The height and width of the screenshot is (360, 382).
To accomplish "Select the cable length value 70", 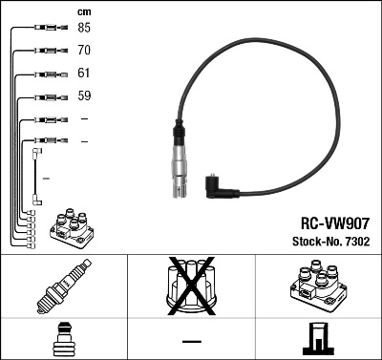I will [x=84, y=50].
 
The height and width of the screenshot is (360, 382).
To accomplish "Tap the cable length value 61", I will [x=84, y=73].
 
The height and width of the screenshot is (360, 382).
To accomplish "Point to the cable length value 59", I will [x=84, y=95].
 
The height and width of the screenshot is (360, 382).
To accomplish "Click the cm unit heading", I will [x=83, y=11].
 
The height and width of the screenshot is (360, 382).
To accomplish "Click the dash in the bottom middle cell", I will [x=191, y=340].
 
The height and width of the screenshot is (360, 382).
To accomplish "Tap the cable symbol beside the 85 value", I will [x=46, y=28].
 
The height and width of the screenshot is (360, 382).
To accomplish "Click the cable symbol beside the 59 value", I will [x=46, y=96].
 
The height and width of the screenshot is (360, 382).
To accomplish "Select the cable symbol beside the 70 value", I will [x=46, y=51].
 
